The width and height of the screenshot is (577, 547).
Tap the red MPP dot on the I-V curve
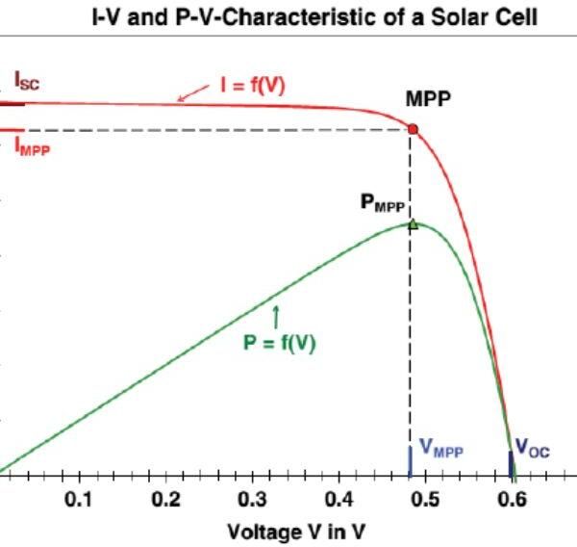tap(413, 128)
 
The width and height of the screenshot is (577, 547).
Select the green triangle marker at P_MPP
tap(413, 223)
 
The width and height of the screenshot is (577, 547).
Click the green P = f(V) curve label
tap(280, 340)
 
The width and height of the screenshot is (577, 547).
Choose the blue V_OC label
tap(533, 449)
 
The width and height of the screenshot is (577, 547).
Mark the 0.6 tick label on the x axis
tap(513, 500)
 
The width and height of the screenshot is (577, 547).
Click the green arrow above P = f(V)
tap(276, 314)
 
